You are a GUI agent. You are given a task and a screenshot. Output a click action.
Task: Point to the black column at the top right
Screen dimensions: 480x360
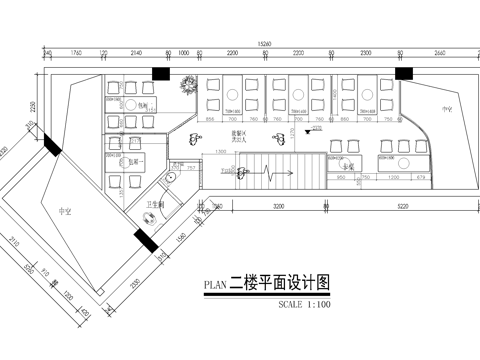click(x=404, y=74)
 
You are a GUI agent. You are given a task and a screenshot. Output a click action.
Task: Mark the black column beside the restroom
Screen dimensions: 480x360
click(x=144, y=240)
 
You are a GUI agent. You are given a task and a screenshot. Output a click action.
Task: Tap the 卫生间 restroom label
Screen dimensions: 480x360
click(x=155, y=204)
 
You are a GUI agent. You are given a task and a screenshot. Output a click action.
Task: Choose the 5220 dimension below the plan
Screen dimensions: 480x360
click(x=401, y=205)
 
